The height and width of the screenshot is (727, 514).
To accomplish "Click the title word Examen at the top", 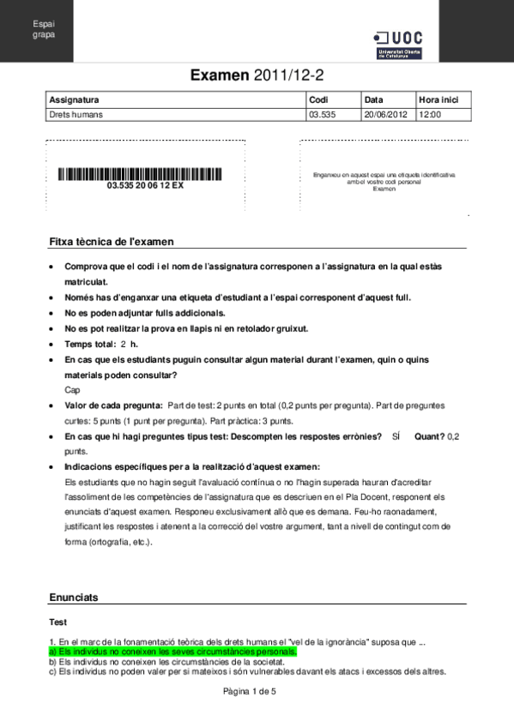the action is point(220,75).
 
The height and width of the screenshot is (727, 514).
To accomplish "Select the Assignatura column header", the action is point(75,99).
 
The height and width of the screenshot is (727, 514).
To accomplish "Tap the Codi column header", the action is point(318,99).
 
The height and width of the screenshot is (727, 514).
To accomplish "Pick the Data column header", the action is point(374,99).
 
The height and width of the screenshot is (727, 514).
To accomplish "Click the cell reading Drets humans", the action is point(74,113).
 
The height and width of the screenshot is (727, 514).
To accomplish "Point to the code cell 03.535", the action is point(322,113).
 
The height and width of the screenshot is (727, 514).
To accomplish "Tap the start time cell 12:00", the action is point(429,113).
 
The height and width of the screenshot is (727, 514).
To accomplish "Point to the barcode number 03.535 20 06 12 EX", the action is point(145,185).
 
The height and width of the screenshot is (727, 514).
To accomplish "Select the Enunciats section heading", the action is point(74,597).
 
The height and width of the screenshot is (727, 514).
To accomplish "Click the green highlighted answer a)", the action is point(172,652).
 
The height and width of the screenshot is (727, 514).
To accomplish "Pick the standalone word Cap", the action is point(72,389).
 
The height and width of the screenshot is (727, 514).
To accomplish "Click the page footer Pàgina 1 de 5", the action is point(257,690).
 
